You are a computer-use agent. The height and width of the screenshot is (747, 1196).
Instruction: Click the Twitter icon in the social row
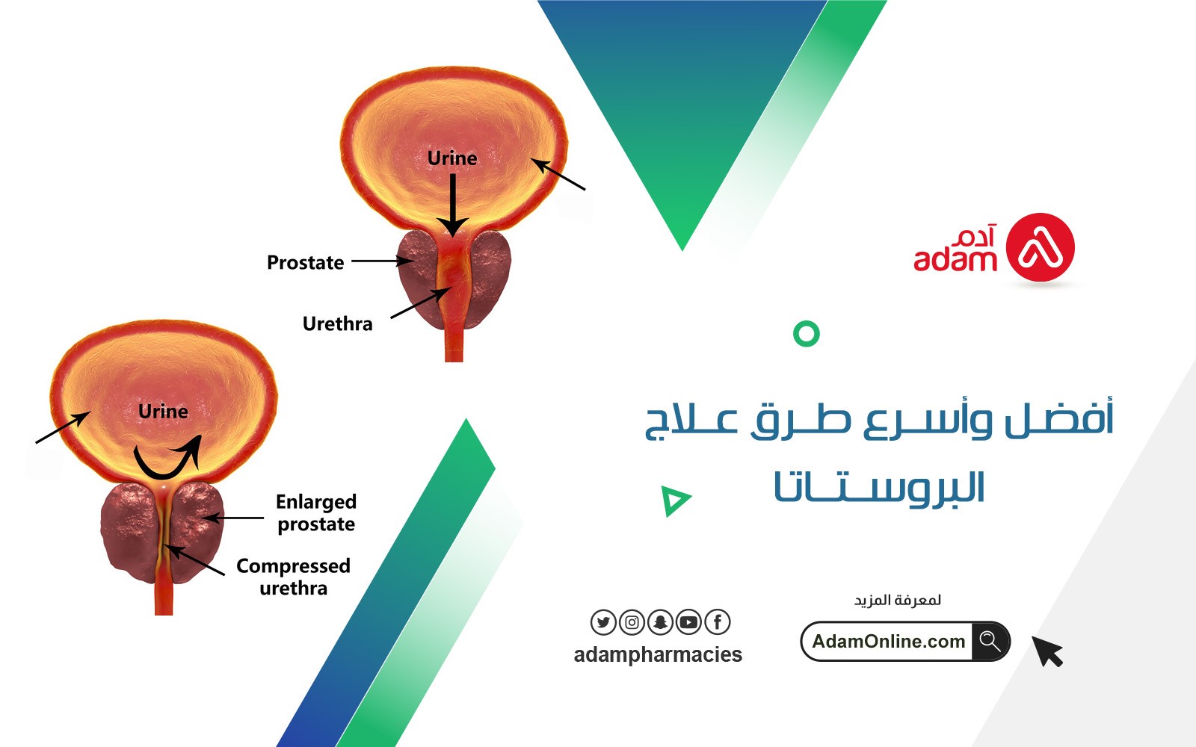[603, 622]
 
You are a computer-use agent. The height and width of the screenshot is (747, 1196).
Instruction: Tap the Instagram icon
[632, 622]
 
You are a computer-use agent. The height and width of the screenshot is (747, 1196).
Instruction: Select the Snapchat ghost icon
[660, 622]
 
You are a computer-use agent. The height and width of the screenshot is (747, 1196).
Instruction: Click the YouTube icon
[688, 622]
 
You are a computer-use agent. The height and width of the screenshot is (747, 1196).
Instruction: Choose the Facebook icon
[718, 622]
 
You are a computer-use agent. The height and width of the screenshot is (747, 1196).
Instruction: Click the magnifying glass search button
[990, 641]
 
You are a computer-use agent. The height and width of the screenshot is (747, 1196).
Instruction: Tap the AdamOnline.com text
[888, 642]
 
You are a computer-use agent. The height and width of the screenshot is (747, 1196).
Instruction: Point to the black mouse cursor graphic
[1047, 651]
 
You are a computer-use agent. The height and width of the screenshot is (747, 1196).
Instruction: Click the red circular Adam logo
[1041, 248]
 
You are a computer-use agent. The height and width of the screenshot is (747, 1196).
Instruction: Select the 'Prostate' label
[305, 263]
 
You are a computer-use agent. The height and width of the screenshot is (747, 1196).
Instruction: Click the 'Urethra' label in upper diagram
[337, 324]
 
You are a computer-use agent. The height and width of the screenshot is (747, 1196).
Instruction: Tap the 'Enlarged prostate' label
[316, 512]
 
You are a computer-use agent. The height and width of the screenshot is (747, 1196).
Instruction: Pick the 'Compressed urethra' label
[293, 577]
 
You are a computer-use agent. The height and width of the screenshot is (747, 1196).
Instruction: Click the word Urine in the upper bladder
[451, 158]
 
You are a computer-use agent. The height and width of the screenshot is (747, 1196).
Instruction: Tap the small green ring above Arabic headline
[806, 333]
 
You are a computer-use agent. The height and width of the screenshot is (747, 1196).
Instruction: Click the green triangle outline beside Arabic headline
[674, 500]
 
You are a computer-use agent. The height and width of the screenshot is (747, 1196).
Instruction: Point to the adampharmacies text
[658, 654]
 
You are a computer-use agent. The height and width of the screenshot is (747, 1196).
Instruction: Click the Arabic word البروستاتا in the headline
[879, 488]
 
